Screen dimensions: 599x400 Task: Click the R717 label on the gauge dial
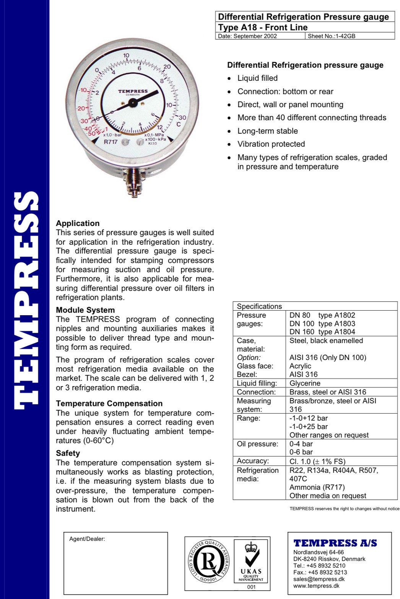(x=111, y=142)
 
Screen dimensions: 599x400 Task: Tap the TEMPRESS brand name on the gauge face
(x=133, y=91)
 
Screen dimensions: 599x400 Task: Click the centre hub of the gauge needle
(x=132, y=103)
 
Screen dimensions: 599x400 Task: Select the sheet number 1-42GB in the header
(x=331, y=36)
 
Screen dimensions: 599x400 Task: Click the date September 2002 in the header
(x=247, y=36)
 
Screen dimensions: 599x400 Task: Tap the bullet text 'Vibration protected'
(x=271, y=144)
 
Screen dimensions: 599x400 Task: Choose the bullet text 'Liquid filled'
(x=257, y=78)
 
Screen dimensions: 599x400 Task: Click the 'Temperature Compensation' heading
(x=109, y=403)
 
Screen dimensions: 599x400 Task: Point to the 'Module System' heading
(x=85, y=310)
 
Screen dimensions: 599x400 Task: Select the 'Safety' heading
(x=68, y=453)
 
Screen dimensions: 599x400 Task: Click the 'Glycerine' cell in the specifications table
(x=305, y=383)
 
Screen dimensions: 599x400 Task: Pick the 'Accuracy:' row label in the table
(x=252, y=461)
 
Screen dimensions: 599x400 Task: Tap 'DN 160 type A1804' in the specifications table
(x=322, y=332)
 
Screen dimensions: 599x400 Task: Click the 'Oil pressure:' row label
(x=257, y=444)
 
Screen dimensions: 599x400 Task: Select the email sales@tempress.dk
(x=319, y=579)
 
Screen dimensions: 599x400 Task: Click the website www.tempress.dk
(x=316, y=586)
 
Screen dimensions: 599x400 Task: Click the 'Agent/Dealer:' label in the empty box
(x=87, y=539)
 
